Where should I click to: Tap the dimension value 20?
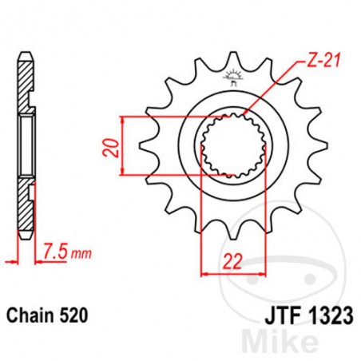click(113, 146)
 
